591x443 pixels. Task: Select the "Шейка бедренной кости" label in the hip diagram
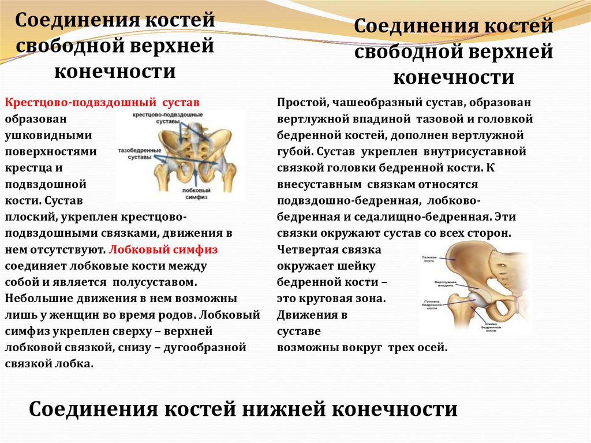tap(491, 327)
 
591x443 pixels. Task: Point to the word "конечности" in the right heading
tap(452, 77)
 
